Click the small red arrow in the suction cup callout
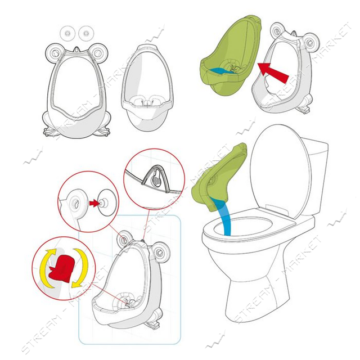click(x=94, y=203)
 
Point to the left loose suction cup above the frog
click(x=67, y=33)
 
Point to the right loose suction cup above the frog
click(x=86, y=33)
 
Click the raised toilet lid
click(x=280, y=171)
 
